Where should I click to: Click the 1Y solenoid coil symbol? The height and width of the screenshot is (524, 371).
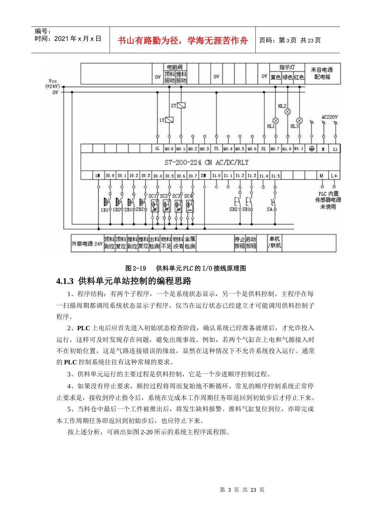pos(169,120)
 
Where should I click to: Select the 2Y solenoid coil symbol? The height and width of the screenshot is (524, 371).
pos(181,105)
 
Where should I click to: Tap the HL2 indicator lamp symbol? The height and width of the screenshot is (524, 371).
pos(287,112)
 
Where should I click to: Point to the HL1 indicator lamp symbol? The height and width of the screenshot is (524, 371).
pos(275,120)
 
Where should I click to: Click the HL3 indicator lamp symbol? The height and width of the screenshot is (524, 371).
pos(299,120)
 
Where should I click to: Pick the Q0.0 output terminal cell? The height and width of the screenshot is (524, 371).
pos(169,149)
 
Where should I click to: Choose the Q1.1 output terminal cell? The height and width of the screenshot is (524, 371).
pos(299,149)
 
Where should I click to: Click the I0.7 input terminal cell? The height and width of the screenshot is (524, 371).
pos(193,176)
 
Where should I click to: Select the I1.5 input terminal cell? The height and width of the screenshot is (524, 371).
pos(275,176)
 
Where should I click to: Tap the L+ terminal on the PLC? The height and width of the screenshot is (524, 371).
pos(334,176)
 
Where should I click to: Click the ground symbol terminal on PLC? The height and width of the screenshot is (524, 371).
pos(311,149)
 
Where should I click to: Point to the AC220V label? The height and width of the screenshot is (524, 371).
pos(330,117)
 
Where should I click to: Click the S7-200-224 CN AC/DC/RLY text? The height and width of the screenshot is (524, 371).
pos(206,162)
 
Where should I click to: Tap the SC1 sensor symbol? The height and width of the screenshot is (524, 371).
pos(155,206)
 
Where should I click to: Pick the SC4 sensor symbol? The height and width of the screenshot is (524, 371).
pos(190,206)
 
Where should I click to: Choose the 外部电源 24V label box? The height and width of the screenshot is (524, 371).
pos(87,244)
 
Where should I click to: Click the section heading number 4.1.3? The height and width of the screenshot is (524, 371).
pos(65,281)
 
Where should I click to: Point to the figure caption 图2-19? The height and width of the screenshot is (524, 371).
pos(136,268)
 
